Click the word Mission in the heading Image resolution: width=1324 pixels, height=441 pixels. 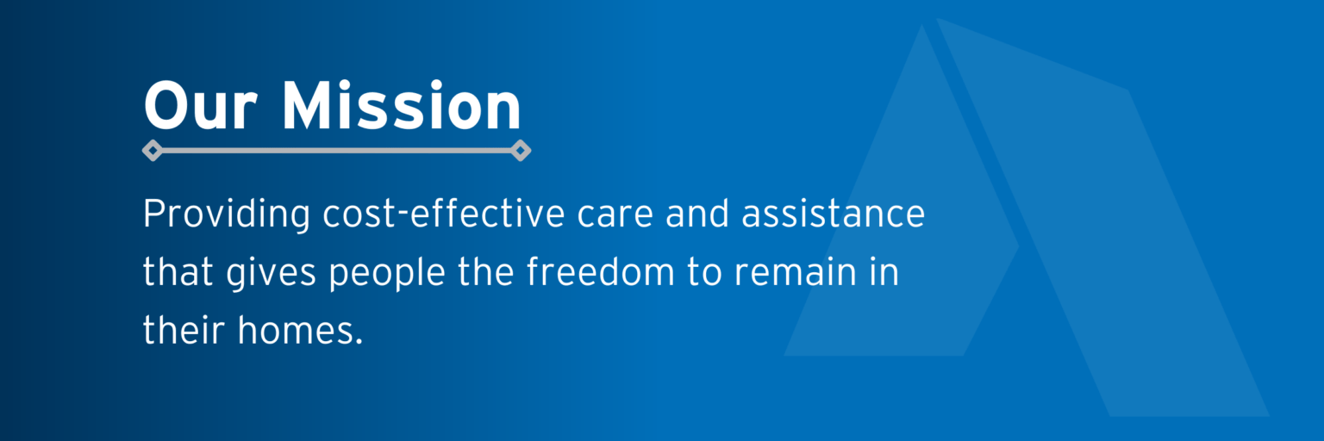(402, 107)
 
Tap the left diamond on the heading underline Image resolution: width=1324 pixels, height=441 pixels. (153, 151)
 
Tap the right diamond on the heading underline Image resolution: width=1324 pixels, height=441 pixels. (520, 151)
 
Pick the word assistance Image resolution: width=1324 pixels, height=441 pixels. (833, 214)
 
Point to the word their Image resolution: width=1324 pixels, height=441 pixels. (182, 330)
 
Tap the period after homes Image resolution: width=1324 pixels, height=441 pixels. (358, 340)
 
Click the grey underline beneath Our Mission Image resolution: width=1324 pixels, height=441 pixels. (336, 151)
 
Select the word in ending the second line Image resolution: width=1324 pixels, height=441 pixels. (884, 272)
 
